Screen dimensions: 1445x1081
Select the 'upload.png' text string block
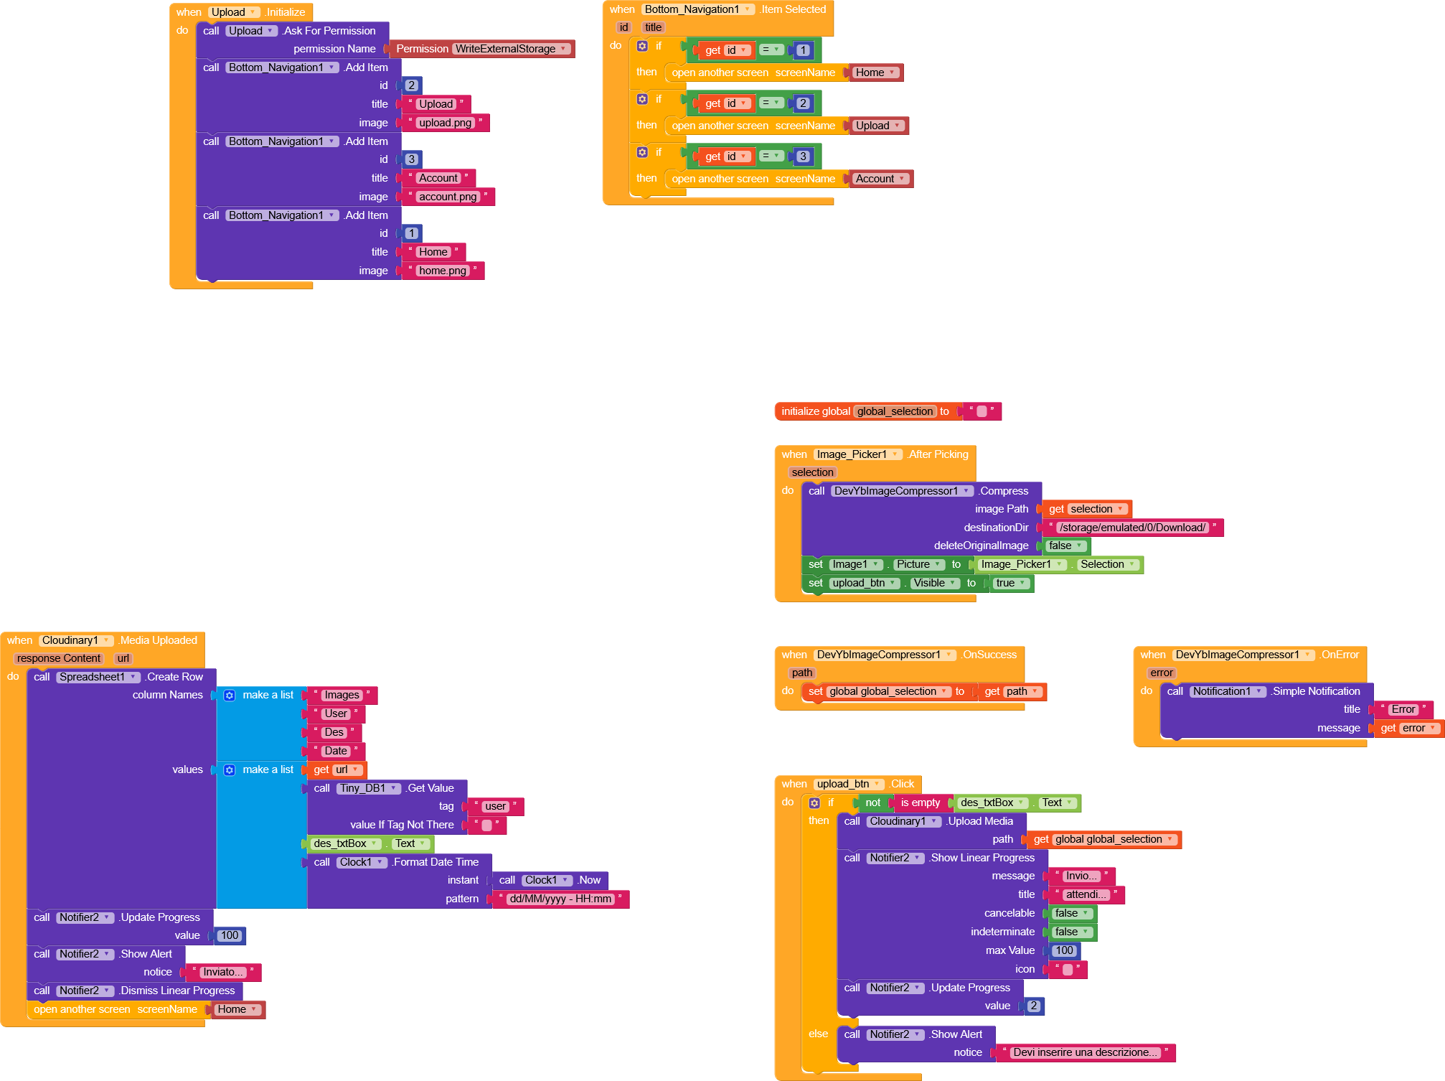coord(446,123)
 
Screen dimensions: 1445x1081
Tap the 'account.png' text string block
coord(448,197)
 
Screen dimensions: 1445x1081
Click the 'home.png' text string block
coord(443,271)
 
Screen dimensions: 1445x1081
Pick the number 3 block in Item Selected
coord(803,156)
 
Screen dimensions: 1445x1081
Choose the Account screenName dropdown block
coord(880,179)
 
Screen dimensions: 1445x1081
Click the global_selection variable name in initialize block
coord(895,411)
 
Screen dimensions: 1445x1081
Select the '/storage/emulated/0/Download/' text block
coord(1133,528)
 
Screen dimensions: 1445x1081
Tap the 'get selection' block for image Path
coord(1086,509)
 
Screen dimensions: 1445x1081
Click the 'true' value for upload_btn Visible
coord(1010,583)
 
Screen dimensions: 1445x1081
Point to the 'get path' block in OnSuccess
coord(1011,691)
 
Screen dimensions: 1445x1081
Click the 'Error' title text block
coord(1403,709)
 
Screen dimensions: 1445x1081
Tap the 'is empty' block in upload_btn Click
coord(921,802)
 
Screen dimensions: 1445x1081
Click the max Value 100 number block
coord(1064,950)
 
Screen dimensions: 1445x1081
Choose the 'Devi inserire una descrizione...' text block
coord(1085,1052)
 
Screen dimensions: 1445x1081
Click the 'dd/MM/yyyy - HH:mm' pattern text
coord(561,899)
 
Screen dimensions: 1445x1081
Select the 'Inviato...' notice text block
coord(223,972)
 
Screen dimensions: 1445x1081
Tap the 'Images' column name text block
coord(342,695)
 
